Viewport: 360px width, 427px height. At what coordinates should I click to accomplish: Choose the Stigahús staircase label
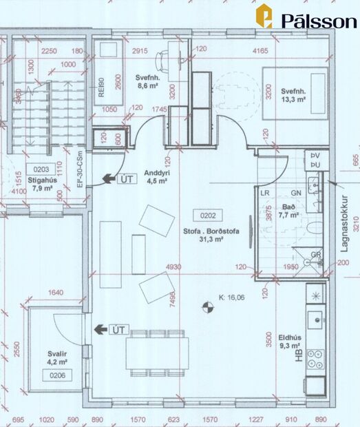(42, 180)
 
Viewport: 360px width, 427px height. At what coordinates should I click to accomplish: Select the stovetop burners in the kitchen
(316, 358)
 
